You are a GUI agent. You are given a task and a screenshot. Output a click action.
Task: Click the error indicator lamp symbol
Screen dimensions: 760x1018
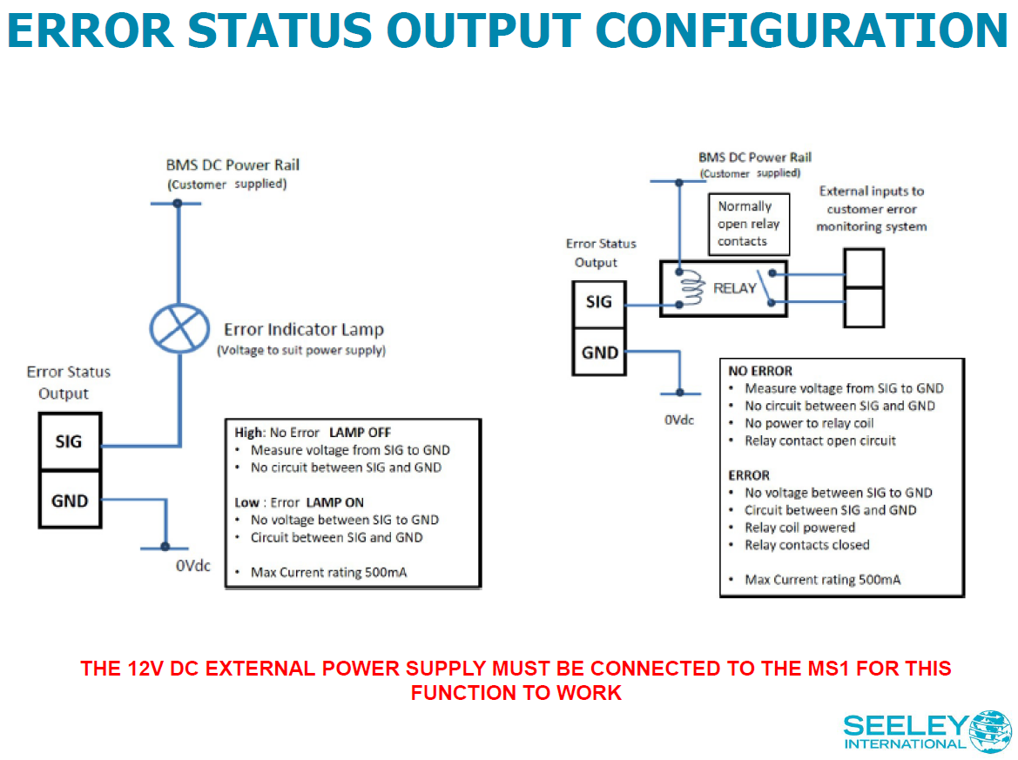(x=179, y=327)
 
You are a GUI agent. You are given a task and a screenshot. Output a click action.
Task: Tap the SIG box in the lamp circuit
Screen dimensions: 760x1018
(x=69, y=441)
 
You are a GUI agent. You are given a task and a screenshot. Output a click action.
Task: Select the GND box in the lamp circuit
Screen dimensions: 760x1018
(x=69, y=501)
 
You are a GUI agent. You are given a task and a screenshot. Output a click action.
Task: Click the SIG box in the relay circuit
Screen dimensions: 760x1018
(x=599, y=303)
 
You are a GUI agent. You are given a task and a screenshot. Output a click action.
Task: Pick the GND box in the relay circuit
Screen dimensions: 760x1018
(x=599, y=353)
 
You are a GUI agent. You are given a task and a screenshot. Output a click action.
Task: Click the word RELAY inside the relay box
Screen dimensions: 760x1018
(x=735, y=288)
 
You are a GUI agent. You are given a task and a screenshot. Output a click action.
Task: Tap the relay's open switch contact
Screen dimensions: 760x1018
(x=765, y=286)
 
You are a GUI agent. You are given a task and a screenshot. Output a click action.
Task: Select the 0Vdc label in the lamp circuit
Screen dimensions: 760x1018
(x=192, y=565)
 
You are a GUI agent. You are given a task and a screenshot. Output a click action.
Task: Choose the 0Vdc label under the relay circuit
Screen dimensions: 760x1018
(x=679, y=420)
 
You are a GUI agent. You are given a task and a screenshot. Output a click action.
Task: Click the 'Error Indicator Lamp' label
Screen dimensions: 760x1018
(x=303, y=330)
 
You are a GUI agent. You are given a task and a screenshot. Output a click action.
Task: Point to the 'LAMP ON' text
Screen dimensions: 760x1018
(x=334, y=502)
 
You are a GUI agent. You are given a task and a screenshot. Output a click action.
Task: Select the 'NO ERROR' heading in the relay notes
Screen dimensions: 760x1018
(x=760, y=371)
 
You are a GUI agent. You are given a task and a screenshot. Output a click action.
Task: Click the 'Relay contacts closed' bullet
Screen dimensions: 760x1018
(x=806, y=545)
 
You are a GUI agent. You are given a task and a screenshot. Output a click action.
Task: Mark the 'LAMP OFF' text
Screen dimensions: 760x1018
(x=361, y=432)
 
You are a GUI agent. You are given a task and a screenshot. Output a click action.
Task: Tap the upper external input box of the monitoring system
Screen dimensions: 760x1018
(x=864, y=267)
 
